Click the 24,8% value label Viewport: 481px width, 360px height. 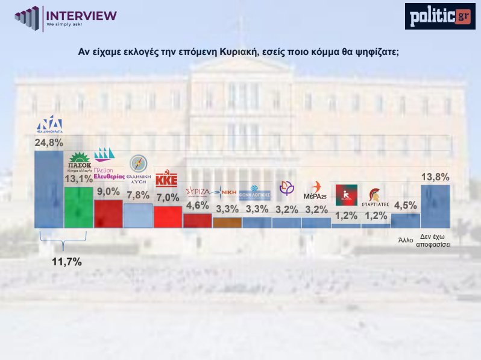click(x=48, y=143)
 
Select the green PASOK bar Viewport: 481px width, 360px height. click(x=78, y=207)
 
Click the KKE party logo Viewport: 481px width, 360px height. click(x=166, y=179)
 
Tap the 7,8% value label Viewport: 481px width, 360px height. click(x=138, y=195)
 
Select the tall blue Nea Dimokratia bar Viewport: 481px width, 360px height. click(x=49, y=189)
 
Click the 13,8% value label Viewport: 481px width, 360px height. click(x=436, y=177)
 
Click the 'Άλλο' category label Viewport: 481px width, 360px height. click(x=406, y=240)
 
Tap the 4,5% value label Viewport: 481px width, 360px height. click(x=406, y=206)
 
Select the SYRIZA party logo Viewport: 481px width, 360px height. click(x=197, y=192)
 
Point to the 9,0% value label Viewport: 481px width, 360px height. click(x=108, y=192)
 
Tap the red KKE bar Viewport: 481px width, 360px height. click(x=168, y=217)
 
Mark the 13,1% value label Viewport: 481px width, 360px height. click(x=78, y=179)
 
